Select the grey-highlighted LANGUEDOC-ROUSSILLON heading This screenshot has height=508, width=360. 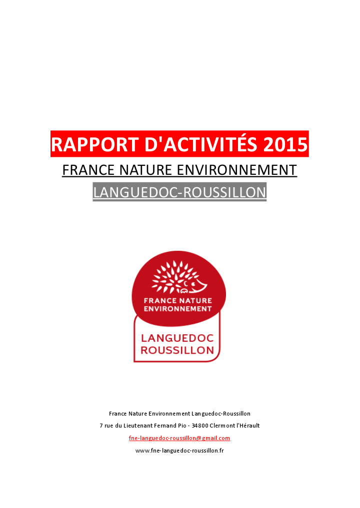coord(179,192)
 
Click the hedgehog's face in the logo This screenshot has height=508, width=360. coord(197,285)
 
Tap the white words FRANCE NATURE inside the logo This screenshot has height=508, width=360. coord(177,301)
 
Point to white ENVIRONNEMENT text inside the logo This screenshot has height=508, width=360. coord(177,309)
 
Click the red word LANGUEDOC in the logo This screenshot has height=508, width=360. coord(177,338)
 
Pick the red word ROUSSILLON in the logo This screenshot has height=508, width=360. coord(177,351)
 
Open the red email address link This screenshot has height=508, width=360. coord(179,438)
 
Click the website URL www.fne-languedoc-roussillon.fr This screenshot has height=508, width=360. coord(179,451)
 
